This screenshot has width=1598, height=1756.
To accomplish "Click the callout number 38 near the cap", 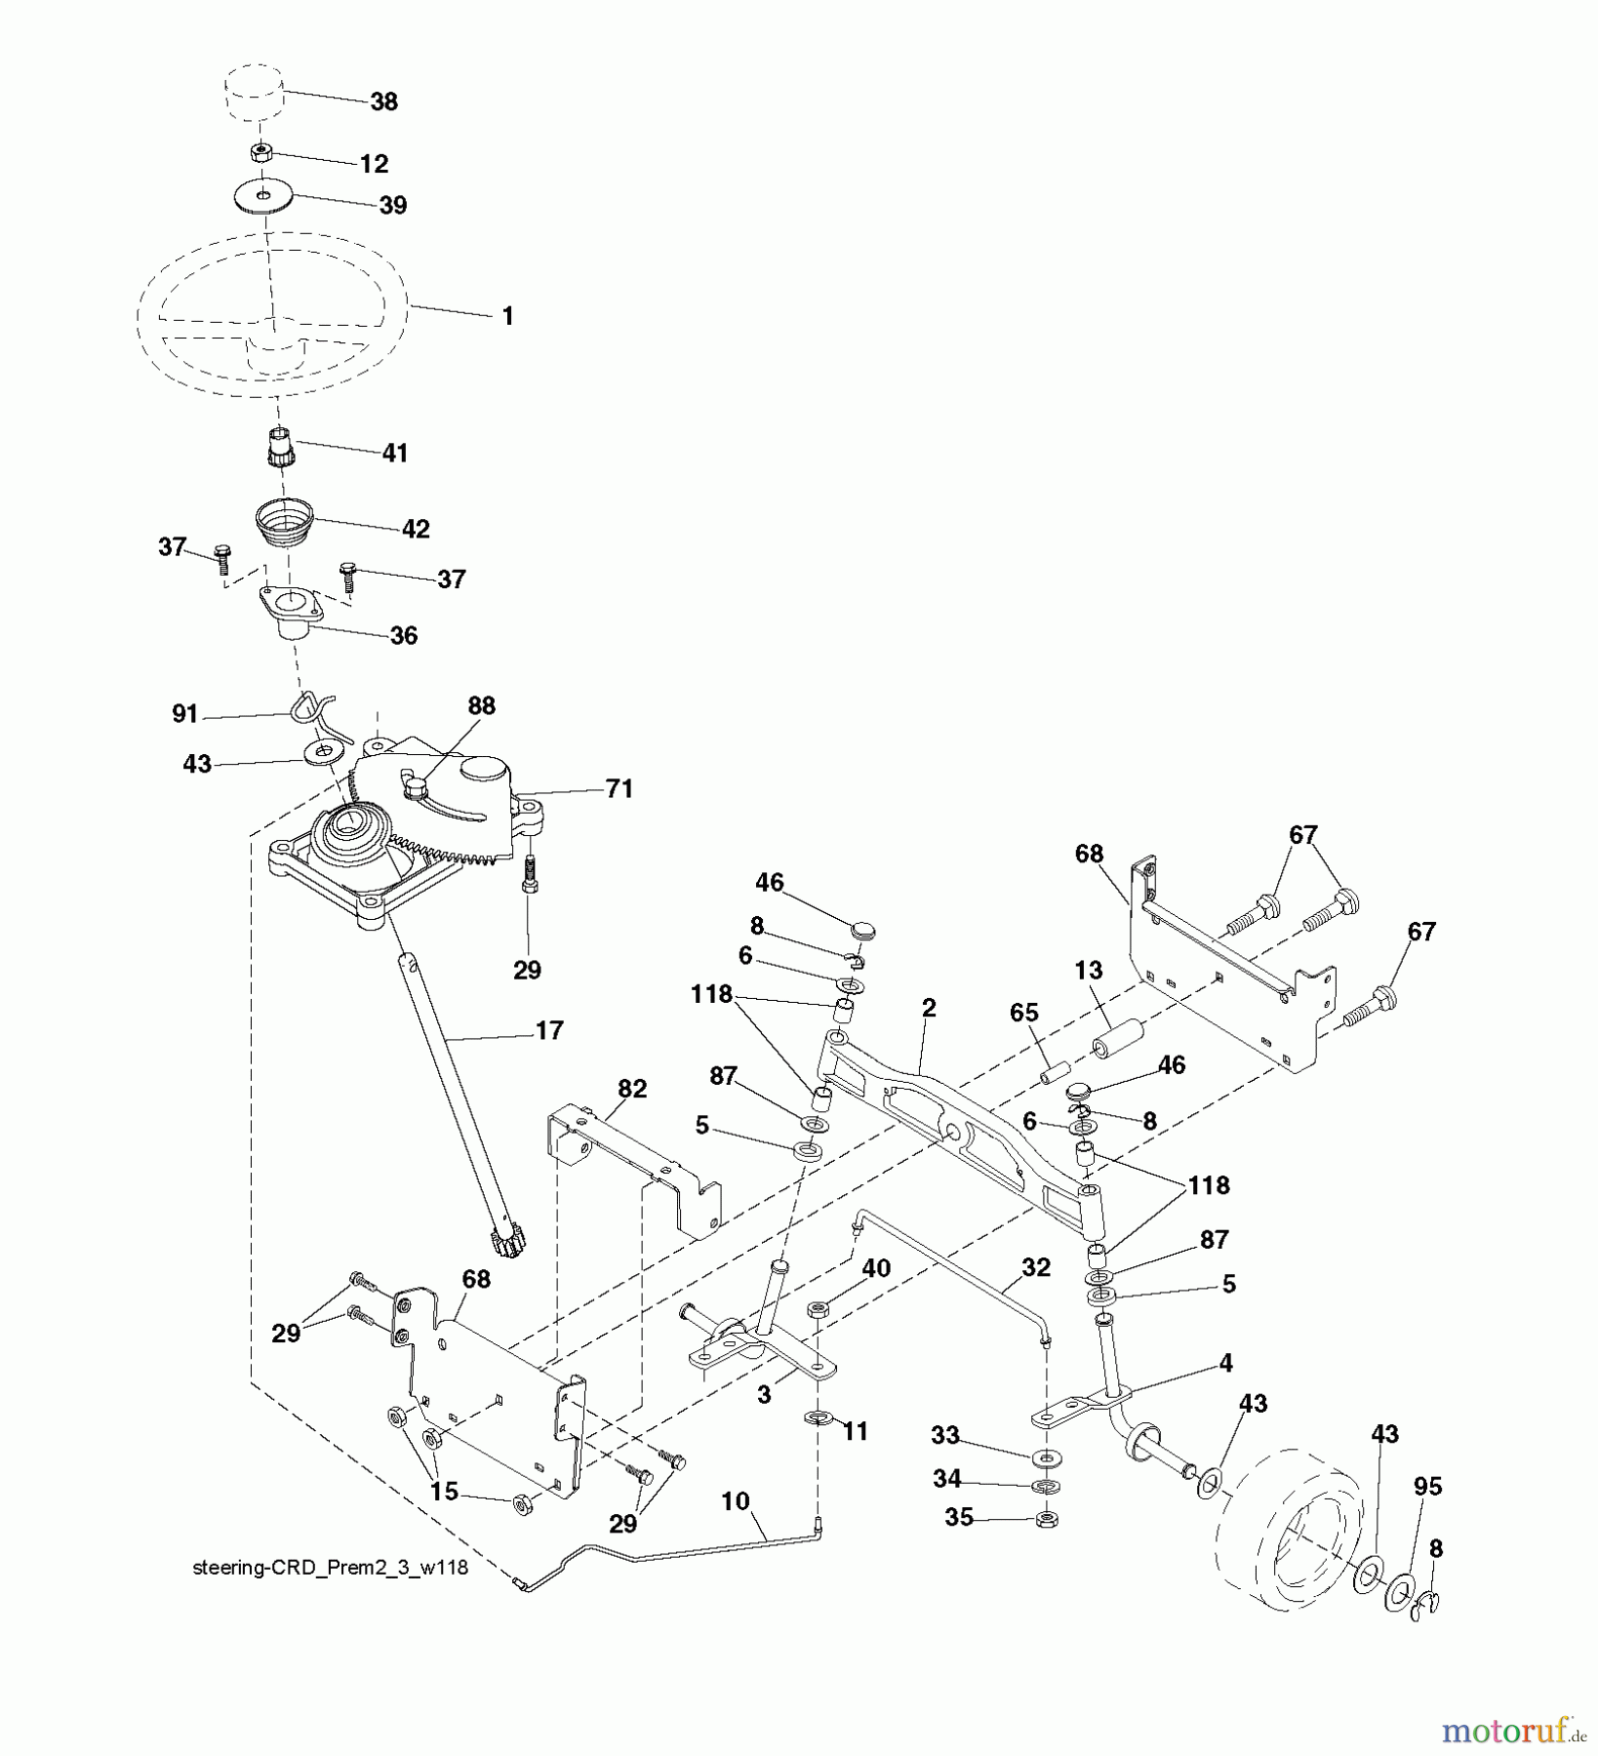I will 384,102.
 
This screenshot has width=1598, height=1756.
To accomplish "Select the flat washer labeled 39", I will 265,196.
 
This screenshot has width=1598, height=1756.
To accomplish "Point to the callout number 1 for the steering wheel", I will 506,316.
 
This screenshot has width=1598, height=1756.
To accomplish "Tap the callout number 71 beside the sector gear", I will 619,788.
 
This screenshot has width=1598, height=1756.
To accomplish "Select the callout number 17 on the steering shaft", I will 549,1030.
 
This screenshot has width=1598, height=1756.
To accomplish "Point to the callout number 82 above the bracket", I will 632,1089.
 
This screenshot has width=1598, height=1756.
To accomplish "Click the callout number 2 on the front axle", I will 928,1008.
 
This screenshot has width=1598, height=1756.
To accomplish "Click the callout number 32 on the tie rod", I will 1035,1266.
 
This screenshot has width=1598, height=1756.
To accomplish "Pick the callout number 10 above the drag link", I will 736,1500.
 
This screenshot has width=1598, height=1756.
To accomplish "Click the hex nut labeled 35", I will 1046,1519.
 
